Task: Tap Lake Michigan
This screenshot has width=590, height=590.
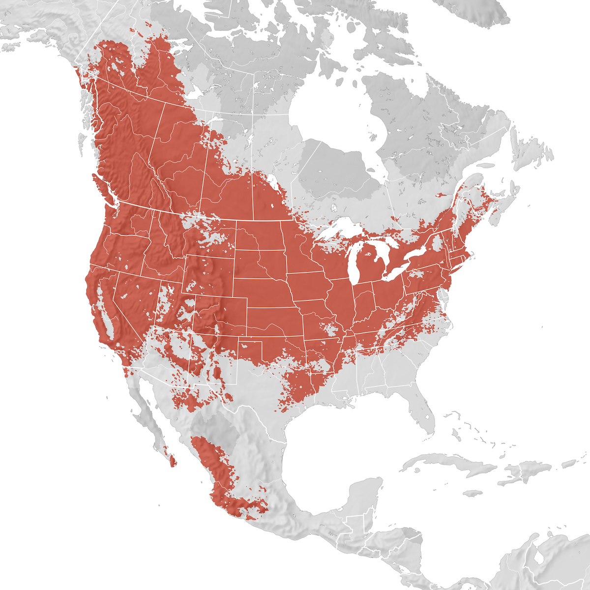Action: pos(353,265)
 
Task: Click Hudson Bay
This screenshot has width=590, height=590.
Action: pos(334,118)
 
